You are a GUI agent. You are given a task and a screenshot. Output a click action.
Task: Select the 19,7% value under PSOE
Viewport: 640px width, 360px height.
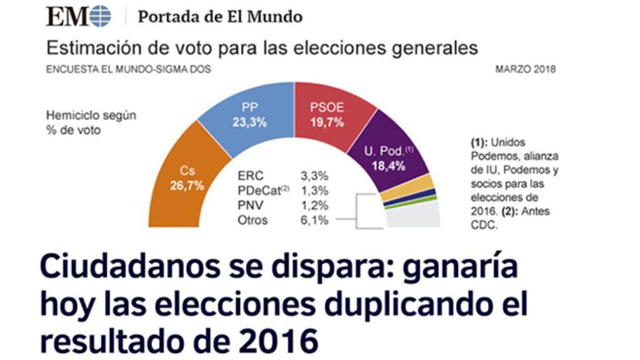327,122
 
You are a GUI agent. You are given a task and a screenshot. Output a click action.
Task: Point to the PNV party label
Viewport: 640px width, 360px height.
250,205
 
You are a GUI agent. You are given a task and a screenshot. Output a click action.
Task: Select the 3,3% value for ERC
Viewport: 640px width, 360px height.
315,177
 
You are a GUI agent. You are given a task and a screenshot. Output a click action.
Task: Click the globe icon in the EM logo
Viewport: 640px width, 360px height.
100,17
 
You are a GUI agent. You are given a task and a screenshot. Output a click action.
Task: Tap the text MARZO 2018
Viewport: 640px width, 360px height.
525,69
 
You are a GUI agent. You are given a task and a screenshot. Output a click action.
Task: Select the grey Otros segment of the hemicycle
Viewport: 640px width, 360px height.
412,216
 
